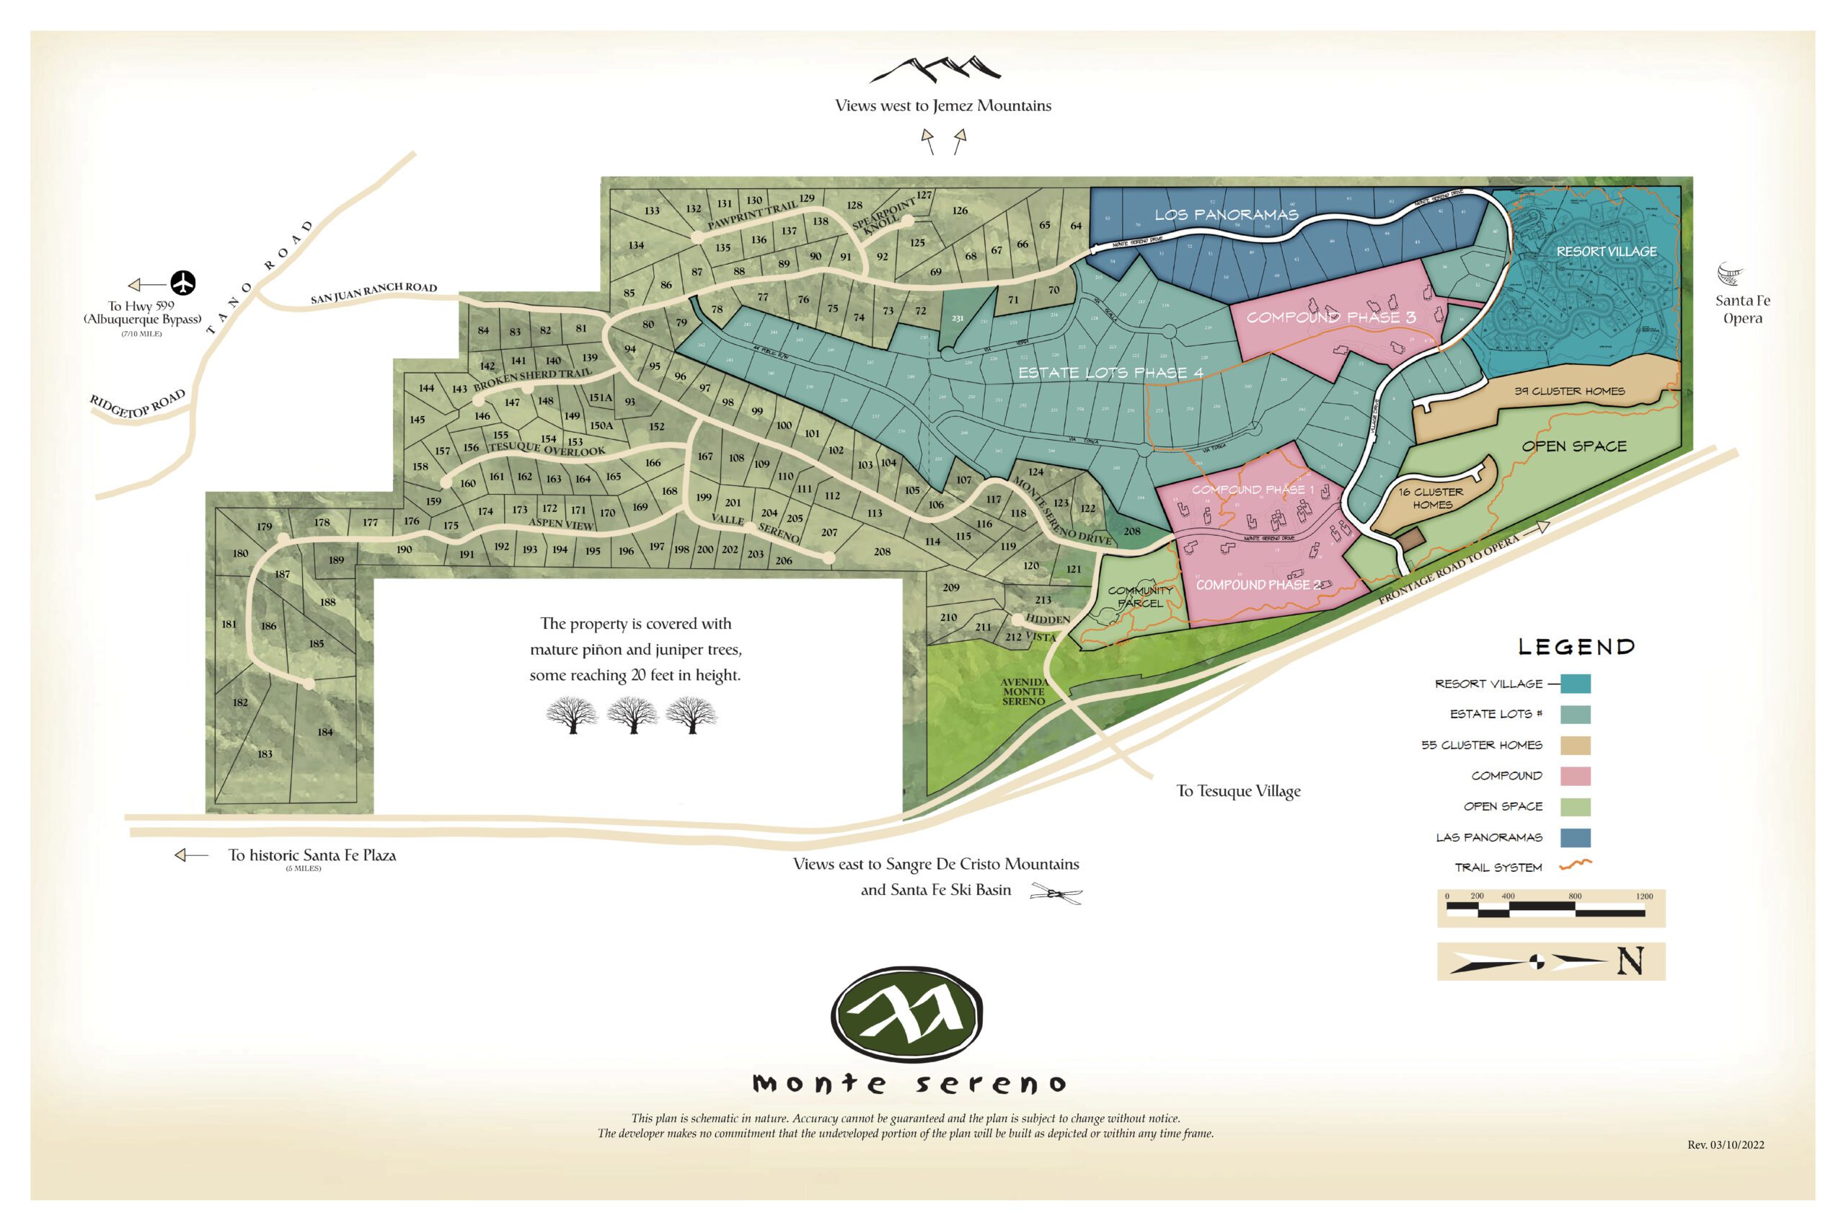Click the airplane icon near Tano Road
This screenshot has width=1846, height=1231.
click(x=183, y=283)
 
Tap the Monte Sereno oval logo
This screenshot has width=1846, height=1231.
click(x=906, y=1013)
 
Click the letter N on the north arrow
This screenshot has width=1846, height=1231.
click(x=1630, y=961)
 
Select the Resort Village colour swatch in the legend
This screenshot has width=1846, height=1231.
click(x=1574, y=684)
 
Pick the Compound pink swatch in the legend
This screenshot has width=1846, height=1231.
click(x=1574, y=776)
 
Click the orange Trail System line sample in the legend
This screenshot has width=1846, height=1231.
click(x=1574, y=865)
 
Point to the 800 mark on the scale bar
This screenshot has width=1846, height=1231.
click(x=1574, y=896)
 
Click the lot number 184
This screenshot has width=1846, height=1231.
click(x=325, y=732)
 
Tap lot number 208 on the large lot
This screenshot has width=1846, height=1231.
click(x=882, y=551)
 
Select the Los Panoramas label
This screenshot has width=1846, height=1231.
click(x=1226, y=214)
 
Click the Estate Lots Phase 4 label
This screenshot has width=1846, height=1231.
click(x=1110, y=372)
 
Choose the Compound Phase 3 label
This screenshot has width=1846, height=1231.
click(x=1331, y=317)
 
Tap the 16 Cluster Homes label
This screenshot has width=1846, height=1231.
click(x=1431, y=498)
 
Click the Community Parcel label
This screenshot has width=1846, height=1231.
click(x=1140, y=596)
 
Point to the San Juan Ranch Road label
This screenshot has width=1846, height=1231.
click(x=374, y=293)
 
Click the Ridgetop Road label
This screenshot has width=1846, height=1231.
click(x=138, y=404)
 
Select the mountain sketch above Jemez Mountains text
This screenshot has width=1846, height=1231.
click(x=935, y=69)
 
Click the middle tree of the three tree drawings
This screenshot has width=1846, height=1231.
click(x=632, y=715)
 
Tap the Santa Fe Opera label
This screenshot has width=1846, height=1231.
click(x=1742, y=309)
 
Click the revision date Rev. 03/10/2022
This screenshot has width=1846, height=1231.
click(x=1725, y=1144)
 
